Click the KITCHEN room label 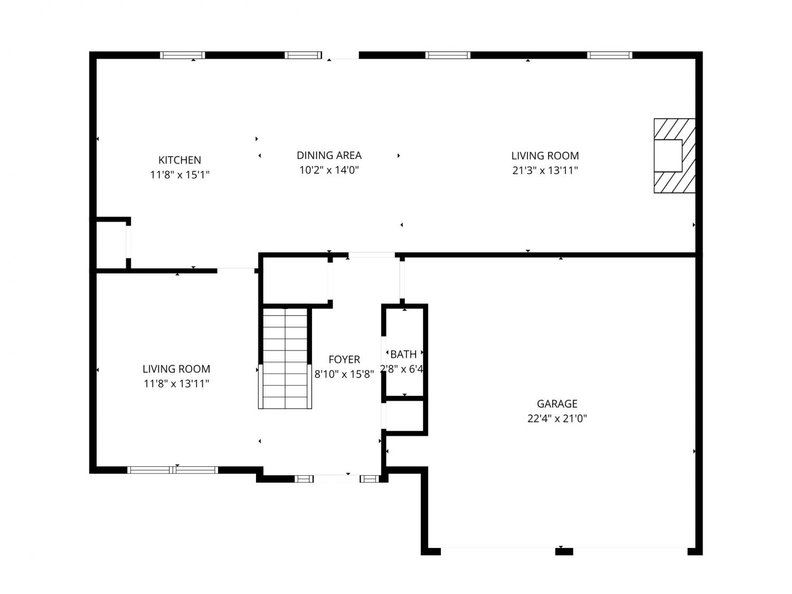(180, 160)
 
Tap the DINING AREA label (329, 155)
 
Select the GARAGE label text (557, 403)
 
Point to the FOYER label (344, 359)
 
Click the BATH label (403, 354)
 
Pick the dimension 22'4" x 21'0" (557, 419)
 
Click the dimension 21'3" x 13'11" (545, 170)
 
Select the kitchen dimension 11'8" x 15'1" (180, 175)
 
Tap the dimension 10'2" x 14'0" (329, 170)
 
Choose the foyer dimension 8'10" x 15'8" (344, 374)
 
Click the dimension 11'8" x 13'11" (176, 384)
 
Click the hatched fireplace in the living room (674, 155)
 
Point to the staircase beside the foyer (285, 358)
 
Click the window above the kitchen (183, 55)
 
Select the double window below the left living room (173, 470)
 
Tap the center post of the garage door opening (564, 551)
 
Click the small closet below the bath (404, 416)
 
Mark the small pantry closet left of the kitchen (111, 244)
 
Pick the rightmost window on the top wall (610, 55)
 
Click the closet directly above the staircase (295, 280)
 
